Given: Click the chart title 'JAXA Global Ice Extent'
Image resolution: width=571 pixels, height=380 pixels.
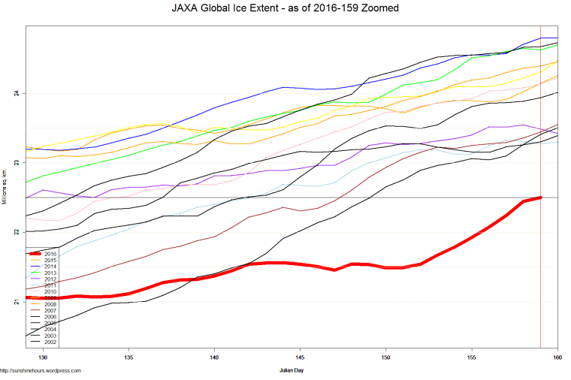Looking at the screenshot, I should tap(285, 8).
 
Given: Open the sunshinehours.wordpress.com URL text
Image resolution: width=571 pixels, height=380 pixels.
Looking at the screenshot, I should tap(41, 370).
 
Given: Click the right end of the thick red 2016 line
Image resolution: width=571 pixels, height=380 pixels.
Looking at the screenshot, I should tap(540, 198).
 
